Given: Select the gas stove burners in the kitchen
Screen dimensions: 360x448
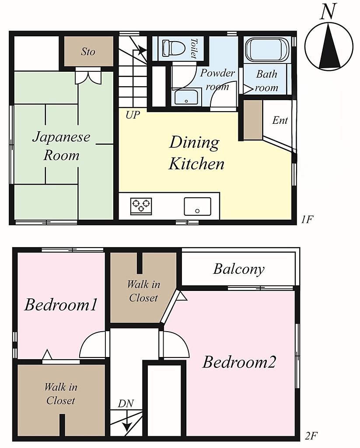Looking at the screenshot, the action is (x=141, y=206).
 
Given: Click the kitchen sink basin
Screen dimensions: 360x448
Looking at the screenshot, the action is (x=197, y=206).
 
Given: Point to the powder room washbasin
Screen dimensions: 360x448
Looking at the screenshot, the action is (x=186, y=97).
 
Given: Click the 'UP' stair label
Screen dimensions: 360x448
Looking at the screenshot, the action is (x=133, y=115).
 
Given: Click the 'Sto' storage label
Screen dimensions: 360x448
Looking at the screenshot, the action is (x=88, y=52).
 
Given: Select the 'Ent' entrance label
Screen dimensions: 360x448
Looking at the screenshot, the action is (x=280, y=120).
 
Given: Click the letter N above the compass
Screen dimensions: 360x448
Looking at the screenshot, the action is (x=328, y=12).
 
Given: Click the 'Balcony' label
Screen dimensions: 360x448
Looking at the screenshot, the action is (x=238, y=269).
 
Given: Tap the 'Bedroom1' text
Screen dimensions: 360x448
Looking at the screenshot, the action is (x=61, y=304).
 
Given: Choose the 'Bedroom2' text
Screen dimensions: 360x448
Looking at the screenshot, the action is (x=239, y=362).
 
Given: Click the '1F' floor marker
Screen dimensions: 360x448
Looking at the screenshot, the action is (x=307, y=220).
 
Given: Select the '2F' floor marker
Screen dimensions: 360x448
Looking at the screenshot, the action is (x=311, y=436).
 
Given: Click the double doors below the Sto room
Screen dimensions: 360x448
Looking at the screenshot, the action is (x=88, y=76).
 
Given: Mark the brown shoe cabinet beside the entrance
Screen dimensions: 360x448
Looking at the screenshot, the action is (x=252, y=120).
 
